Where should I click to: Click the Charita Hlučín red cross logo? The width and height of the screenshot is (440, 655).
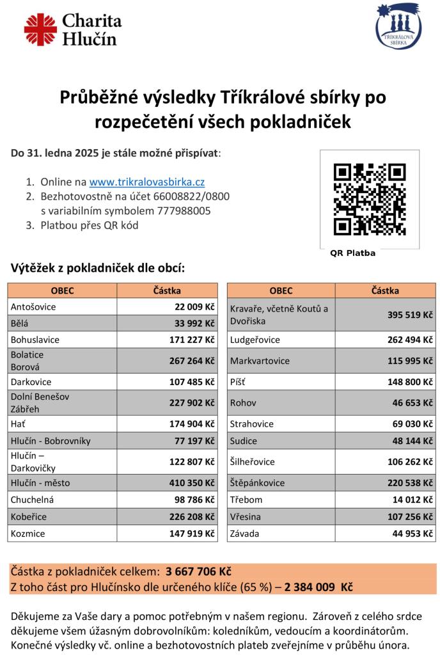point(40,30)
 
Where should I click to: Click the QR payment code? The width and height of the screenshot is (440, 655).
point(370,200)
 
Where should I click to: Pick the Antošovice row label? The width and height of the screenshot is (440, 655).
point(33,307)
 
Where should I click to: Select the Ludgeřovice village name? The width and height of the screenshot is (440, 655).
point(255,340)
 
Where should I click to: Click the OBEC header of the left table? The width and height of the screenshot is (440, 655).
point(62,290)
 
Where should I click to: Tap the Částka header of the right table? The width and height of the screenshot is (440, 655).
point(385,290)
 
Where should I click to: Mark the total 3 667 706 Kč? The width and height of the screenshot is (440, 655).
point(198,571)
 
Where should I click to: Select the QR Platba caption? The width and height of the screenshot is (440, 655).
point(352,253)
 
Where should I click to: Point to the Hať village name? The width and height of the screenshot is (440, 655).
point(18,424)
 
